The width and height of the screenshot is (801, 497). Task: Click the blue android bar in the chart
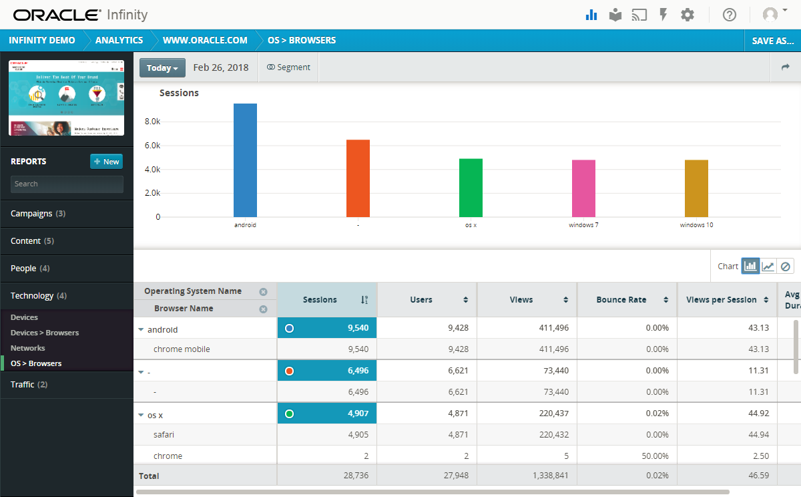click(245, 160)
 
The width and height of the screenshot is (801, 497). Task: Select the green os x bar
click(471, 188)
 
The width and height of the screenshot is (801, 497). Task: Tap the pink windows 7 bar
click(583, 188)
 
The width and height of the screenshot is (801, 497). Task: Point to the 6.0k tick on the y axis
click(152, 146)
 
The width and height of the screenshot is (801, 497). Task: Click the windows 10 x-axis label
click(696, 225)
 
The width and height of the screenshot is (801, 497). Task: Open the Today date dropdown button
click(162, 67)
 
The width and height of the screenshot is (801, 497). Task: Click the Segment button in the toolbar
click(288, 67)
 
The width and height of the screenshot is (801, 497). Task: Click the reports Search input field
click(67, 184)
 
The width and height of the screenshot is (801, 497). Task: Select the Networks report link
click(28, 348)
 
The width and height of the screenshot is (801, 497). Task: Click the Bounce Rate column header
click(621, 300)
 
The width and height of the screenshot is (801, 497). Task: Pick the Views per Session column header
click(722, 300)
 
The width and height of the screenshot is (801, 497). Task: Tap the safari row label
click(164, 435)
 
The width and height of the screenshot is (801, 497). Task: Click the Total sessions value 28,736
click(353, 476)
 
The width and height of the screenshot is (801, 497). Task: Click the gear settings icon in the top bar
click(688, 15)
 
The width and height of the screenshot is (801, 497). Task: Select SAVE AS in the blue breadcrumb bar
click(772, 41)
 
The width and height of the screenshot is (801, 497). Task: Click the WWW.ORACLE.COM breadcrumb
click(205, 41)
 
